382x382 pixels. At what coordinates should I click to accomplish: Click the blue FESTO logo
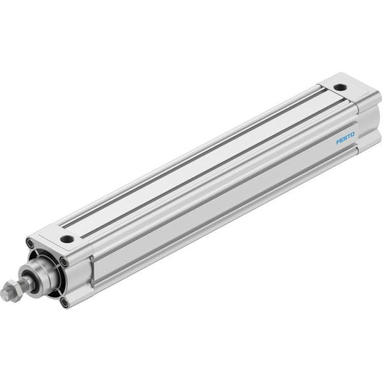pos(345,138)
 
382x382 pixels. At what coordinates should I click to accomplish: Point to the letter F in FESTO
pos(338,141)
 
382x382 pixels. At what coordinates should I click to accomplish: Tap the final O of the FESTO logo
pos(352,135)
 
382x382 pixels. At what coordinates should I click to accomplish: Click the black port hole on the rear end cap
pos(340,87)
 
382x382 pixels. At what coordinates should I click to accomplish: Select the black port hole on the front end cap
pos(67,239)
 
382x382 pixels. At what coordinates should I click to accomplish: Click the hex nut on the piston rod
pos(11,290)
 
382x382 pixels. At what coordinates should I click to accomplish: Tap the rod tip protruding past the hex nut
pos(4,294)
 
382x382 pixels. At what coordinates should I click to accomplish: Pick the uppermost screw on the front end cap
pos(29,243)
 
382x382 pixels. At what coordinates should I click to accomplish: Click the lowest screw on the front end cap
pos(64,303)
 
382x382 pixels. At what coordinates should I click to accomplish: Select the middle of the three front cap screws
pos(64,262)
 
